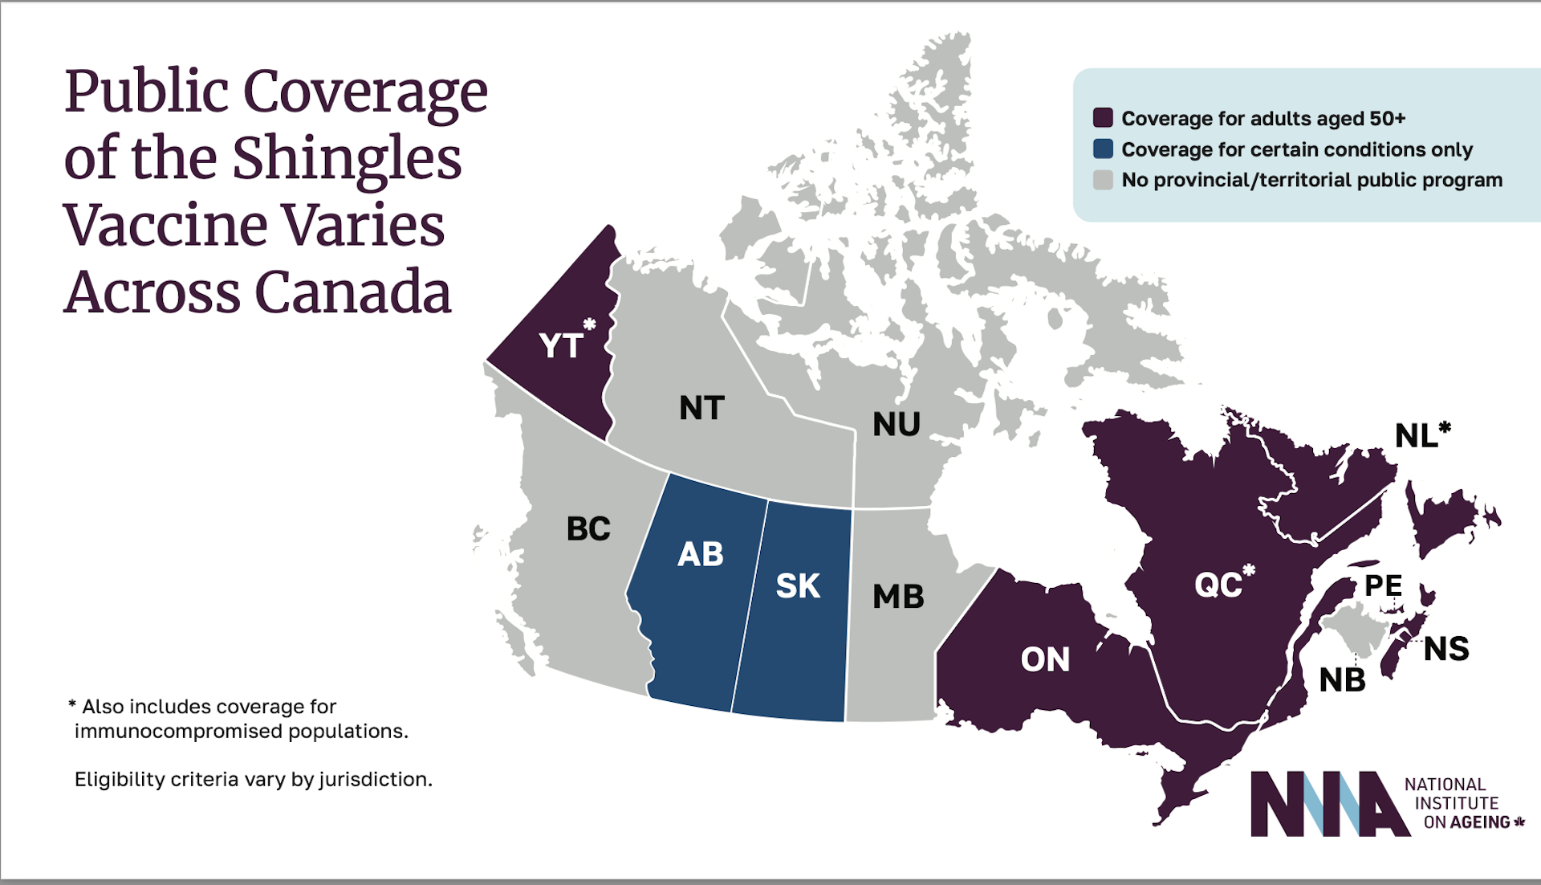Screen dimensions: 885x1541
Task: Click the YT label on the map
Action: [561, 346]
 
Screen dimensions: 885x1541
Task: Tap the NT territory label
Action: [701, 408]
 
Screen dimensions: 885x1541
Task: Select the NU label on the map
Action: [897, 424]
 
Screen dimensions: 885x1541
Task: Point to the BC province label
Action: [588, 528]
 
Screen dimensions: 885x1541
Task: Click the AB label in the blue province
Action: [700, 554]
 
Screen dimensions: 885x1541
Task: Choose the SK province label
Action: [798, 586]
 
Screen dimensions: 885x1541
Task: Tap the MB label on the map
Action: [898, 597]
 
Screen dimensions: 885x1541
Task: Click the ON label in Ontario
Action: [1045, 660]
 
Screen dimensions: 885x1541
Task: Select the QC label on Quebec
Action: [1218, 585]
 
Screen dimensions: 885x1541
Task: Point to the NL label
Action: [1417, 436]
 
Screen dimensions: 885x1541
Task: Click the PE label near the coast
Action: [1384, 585]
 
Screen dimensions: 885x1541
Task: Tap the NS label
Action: [1446, 649]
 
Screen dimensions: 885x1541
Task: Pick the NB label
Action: [1342, 680]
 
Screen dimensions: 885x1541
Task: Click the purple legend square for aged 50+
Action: [1103, 118]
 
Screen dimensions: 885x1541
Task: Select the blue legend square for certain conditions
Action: [1103, 149]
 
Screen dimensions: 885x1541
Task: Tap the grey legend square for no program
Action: [1103, 180]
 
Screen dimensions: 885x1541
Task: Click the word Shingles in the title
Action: [347, 157]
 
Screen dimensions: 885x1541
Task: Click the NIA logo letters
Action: [1328, 804]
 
